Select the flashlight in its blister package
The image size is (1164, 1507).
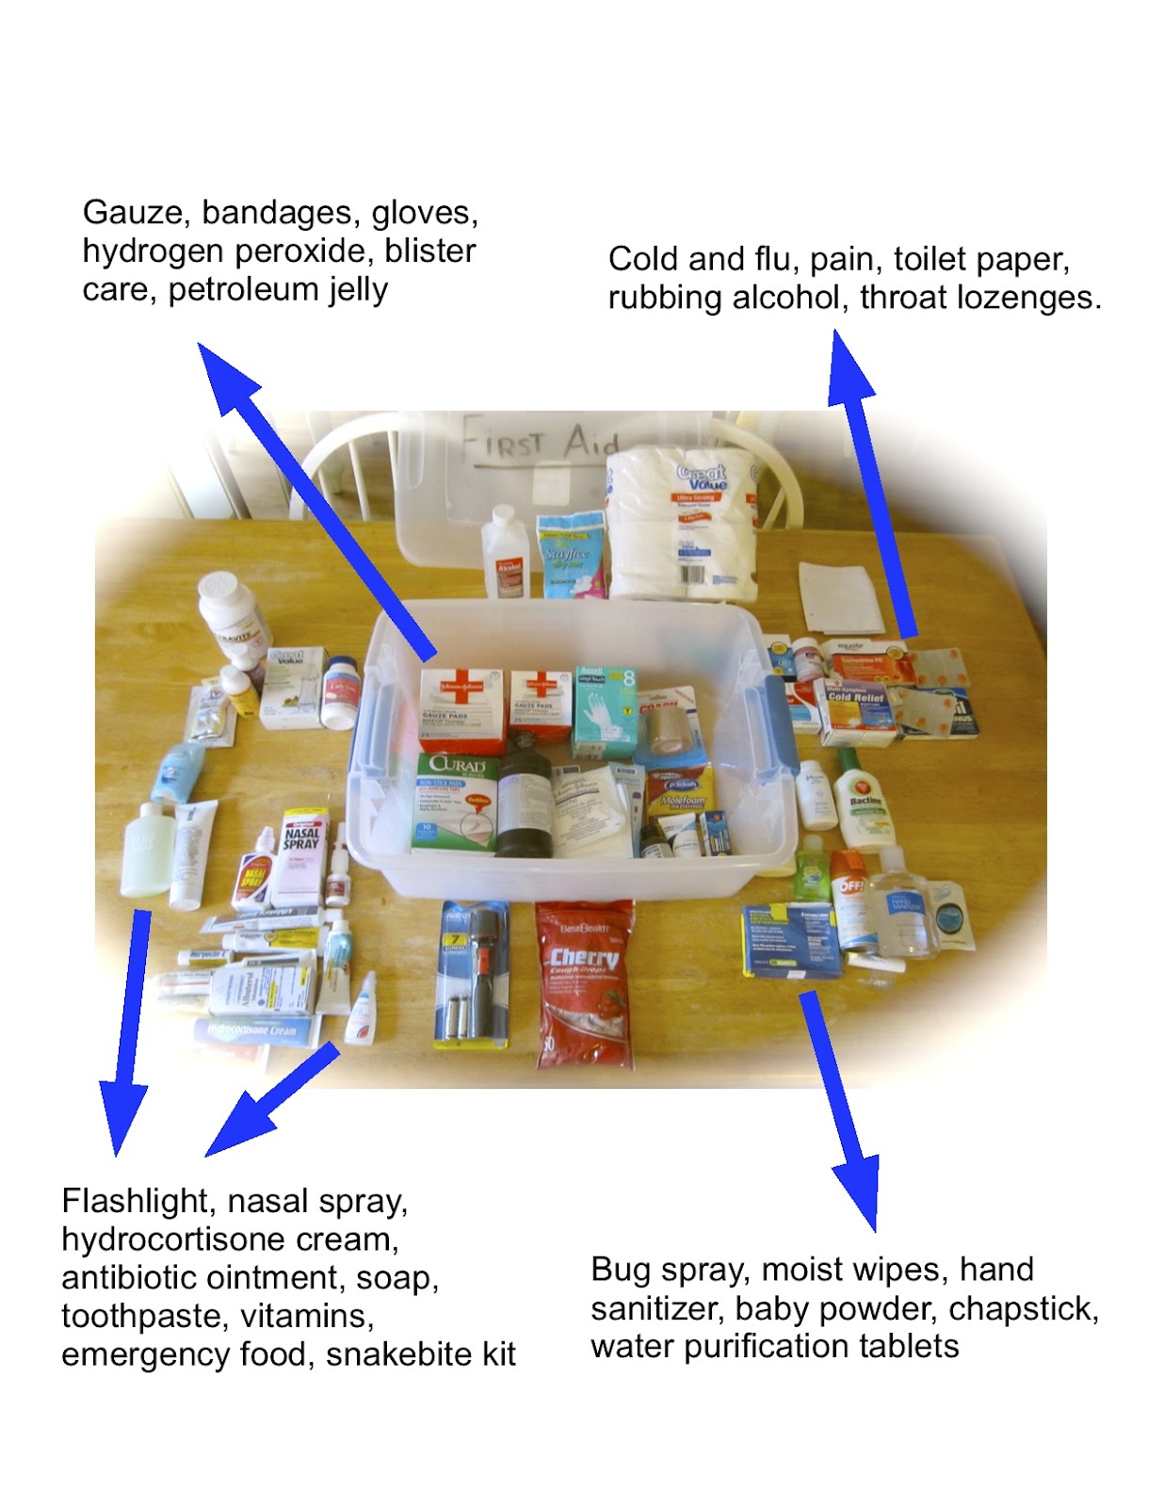(x=477, y=975)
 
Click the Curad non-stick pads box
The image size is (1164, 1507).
(x=456, y=800)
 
